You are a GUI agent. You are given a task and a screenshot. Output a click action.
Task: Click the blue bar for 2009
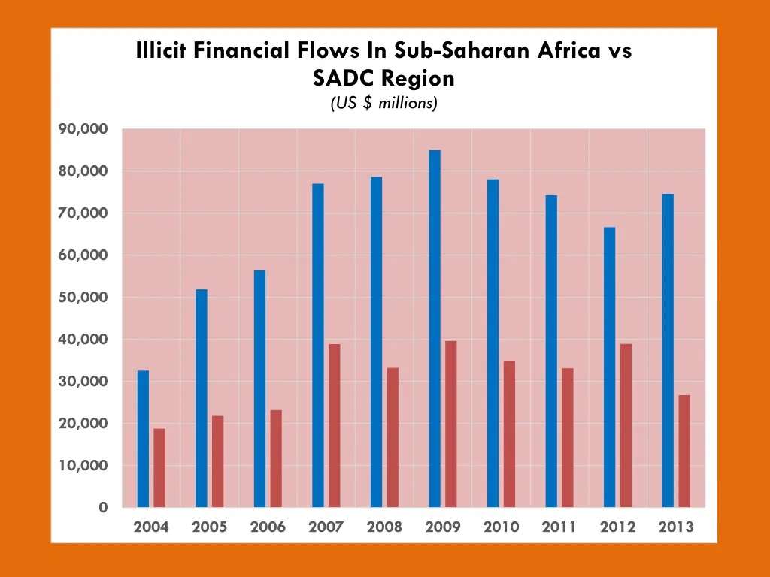[435, 328]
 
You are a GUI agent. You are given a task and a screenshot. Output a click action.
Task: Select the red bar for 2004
[159, 467]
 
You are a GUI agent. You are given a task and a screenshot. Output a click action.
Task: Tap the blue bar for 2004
[143, 439]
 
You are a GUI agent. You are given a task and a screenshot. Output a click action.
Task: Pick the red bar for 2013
[684, 451]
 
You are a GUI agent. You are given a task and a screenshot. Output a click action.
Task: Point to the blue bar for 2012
[609, 367]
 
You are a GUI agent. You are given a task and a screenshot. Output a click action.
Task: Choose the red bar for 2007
[335, 425]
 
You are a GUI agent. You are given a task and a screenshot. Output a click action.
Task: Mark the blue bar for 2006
[259, 388]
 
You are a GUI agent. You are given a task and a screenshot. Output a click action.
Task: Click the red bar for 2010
[509, 434]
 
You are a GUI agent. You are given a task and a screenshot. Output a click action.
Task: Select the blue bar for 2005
[202, 398]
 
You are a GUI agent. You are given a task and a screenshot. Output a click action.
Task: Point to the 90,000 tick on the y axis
[83, 129]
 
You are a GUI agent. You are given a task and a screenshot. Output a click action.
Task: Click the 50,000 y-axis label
[83, 298]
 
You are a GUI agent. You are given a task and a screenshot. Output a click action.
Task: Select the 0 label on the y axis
[102, 508]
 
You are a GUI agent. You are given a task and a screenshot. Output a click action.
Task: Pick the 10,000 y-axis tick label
[83, 466]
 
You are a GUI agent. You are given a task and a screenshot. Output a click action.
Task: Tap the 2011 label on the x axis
[559, 527]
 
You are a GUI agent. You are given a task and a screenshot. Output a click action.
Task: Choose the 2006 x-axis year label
[268, 527]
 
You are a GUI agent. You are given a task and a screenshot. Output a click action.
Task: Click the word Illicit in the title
[162, 51]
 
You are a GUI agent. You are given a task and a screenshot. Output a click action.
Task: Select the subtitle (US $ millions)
[383, 103]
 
